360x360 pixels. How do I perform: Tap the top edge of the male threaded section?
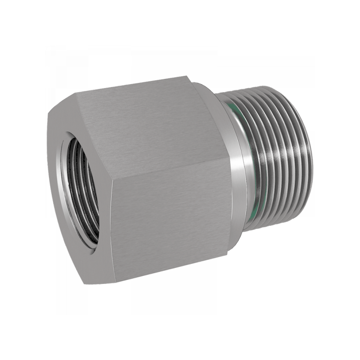[x=261, y=90]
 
